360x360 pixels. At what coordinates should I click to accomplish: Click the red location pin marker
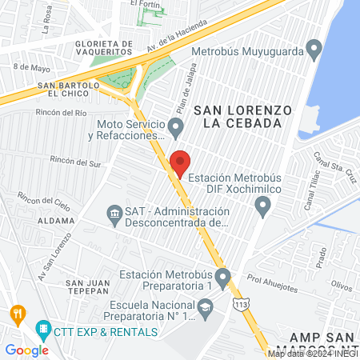179,162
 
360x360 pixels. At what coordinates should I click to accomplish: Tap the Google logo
26,350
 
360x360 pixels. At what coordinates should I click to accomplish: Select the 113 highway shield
240,303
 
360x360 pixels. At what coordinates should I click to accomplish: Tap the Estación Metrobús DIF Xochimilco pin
262,208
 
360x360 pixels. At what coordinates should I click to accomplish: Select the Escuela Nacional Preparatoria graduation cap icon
206,306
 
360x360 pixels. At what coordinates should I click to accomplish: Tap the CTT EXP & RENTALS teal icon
43,328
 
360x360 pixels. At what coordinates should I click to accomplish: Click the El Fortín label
146,4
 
